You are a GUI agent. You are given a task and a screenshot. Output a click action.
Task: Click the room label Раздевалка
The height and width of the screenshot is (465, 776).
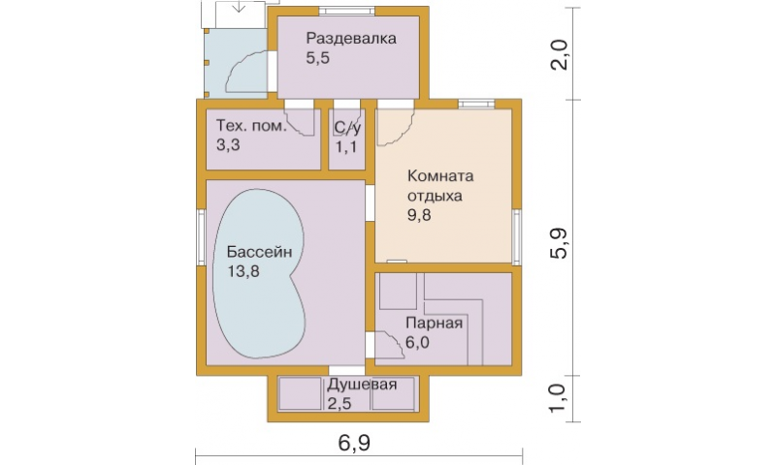tap(351, 39)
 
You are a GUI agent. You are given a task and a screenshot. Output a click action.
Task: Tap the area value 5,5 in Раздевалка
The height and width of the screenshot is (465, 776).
tap(318, 58)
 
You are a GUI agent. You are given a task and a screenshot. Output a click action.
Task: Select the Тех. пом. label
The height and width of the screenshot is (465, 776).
tap(251, 126)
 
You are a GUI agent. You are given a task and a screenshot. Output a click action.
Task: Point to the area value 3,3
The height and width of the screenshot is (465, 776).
tap(228, 145)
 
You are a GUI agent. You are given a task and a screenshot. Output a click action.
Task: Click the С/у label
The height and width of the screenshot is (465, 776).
tap(347, 128)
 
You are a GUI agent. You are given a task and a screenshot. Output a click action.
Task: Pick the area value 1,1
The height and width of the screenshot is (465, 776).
tap(346, 146)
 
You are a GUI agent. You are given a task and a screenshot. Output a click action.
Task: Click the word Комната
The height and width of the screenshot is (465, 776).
tap(440, 176)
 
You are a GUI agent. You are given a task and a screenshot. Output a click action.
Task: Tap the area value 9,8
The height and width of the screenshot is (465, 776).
tap(419, 215)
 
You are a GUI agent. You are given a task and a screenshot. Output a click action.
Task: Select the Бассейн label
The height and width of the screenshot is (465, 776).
tap(259, 252)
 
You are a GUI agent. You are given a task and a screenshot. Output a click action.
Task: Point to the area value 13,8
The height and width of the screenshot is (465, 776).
tap(243, 271)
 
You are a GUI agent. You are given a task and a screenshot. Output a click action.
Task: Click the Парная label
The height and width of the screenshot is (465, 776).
tap(434, 324)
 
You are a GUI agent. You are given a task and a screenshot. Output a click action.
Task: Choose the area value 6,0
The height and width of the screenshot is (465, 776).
tap(417, 342)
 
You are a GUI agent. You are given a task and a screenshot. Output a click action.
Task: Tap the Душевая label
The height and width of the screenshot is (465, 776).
tap(362, 385)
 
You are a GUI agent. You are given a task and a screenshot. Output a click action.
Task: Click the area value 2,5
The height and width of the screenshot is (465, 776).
tap(339, 404)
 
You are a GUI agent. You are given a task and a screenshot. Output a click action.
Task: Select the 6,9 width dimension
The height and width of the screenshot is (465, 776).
tap(354, 443)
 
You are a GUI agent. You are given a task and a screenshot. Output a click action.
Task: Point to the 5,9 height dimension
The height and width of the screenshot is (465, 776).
tap(559, 243)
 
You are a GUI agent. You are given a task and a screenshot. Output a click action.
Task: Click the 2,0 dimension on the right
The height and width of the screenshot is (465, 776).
tap(559, 55)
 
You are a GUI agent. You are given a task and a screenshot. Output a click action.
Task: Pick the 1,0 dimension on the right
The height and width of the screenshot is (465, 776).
tap(559, 398)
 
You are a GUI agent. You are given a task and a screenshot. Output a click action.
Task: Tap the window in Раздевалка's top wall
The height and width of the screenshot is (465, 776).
tap(346, 11)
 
